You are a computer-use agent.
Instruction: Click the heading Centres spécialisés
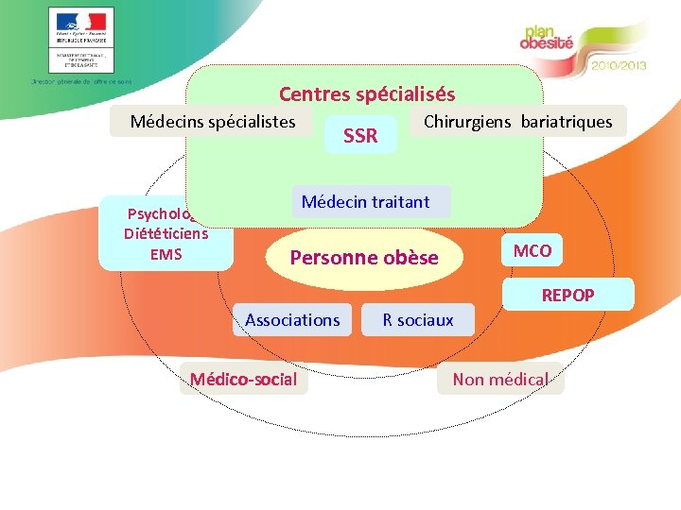click(367, 94)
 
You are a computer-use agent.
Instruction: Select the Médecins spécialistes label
click(213, 122)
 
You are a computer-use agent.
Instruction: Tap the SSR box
click(360, 137)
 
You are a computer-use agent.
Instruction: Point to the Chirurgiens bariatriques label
click(517, 122)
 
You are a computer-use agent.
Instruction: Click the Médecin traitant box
click(365, 202)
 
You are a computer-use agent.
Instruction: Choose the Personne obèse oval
click(363, 258)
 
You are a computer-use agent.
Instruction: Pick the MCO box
click(533, 251)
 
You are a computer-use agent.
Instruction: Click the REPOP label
click(567, 296)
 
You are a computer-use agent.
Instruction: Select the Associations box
click(292, 320)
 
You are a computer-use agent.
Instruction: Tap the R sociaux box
click(417, 320)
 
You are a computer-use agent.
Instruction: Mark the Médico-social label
click(244, 380)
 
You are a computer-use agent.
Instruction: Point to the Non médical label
click(500, 380)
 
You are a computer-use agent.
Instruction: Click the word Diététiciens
click(166, 234)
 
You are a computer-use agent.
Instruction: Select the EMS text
click(166, 254)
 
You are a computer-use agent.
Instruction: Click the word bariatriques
click(566, 122)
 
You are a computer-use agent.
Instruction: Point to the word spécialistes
click(249, 122)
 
